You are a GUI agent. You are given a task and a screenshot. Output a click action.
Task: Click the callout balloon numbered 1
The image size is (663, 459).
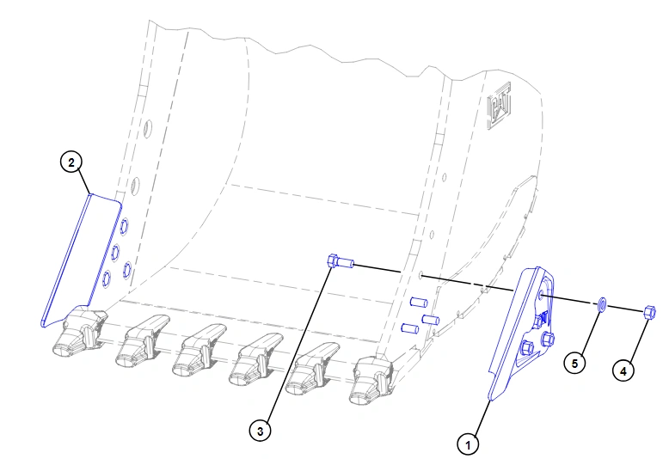(468, 444)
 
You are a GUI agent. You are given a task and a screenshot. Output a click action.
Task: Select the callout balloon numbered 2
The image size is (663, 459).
(71, 162)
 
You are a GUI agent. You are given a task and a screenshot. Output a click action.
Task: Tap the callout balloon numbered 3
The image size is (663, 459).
(260, 431)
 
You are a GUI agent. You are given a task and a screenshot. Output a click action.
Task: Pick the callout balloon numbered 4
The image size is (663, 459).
(623, 371)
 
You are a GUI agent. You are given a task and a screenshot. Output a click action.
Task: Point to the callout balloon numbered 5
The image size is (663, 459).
(574, 363)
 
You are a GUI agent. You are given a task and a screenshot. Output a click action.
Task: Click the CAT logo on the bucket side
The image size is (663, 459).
(500, 106)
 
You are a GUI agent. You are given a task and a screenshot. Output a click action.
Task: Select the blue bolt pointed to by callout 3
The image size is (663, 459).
(341, 261)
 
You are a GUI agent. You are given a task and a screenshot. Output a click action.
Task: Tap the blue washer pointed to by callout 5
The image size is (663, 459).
(602, 304)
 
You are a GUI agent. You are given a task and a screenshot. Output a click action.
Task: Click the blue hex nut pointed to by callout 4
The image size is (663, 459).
(649, 312)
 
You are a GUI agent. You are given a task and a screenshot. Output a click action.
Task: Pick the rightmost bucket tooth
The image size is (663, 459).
(372, 379)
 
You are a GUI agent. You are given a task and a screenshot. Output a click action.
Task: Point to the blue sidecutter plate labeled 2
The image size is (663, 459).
(80, 260)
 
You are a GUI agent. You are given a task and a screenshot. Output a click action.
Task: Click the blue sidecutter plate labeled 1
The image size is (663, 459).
(521, 332)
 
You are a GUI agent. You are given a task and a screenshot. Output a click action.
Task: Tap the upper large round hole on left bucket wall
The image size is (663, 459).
(148, 127)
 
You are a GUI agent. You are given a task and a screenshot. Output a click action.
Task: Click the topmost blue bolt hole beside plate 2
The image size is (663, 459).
(124, 227)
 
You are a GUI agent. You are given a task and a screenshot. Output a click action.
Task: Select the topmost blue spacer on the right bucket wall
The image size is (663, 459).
(419, 303)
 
